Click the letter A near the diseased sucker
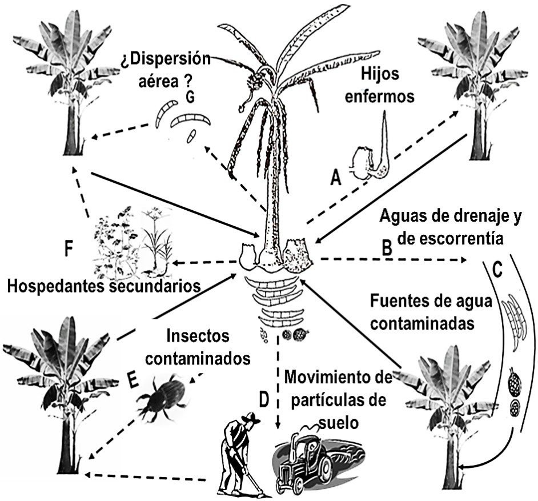pos(336,179)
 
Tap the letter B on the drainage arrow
pos(387,248)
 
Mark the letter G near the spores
pos(190,98)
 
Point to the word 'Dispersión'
pos(166,59)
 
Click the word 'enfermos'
pos(387,95)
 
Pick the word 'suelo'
pos(338,424)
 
